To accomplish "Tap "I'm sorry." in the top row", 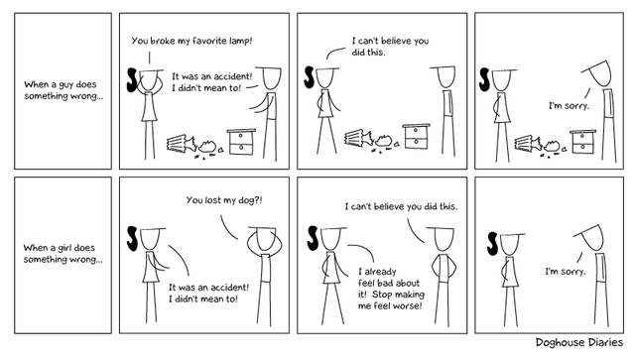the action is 569,106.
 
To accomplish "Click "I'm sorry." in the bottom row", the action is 566,272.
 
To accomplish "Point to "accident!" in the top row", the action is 232,76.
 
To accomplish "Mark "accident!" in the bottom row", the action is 229,288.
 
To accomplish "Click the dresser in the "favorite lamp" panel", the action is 241,142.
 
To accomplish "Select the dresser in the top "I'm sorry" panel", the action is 582,142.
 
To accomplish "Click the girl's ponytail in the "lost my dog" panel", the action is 132,239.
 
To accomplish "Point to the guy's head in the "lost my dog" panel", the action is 263,239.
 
